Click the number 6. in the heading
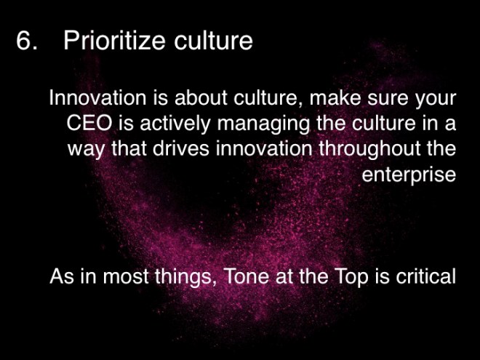point(26,41)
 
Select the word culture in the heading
point(212,41)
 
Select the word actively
point(160,123)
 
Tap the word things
point(175,277)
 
